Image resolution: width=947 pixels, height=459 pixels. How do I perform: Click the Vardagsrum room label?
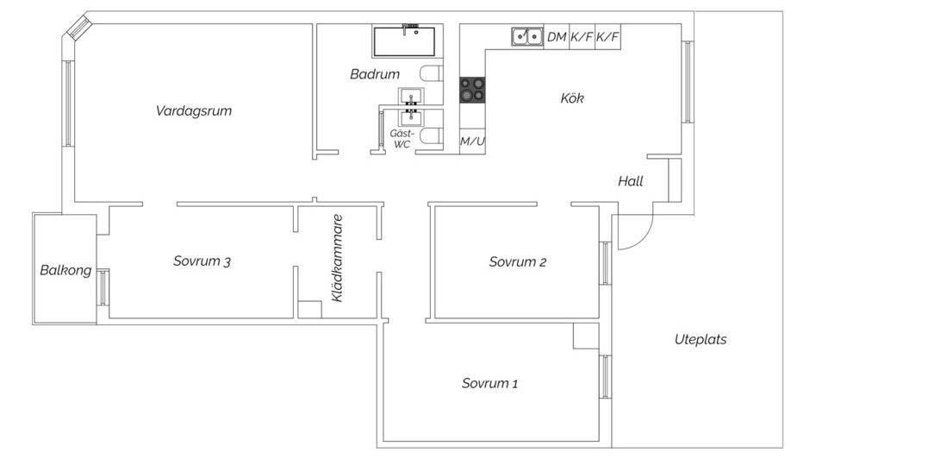(193, 111)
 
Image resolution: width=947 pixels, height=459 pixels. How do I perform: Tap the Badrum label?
(375, 74)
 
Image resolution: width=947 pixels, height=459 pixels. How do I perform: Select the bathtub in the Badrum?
(408, 41)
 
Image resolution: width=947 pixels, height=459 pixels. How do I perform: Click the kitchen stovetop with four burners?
(472, 90)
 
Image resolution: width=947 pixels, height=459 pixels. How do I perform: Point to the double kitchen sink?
(526, 37)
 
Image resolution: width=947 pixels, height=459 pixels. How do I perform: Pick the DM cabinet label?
(557, 37)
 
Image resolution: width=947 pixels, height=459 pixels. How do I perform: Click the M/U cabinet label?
(472, 141)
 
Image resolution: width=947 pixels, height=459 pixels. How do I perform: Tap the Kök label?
(572, 98)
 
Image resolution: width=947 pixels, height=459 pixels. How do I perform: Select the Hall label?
(631, 181)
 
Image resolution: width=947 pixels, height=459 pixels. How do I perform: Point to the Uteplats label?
(701, 339)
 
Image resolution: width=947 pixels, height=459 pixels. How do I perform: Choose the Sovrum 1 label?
(489, 383)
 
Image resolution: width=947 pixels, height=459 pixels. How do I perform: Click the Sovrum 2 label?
(518, 261)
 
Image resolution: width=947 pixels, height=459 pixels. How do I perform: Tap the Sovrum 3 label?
(202, 261)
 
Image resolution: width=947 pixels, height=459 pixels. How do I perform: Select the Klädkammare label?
(337, 258)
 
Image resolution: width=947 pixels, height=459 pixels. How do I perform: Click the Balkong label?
(65, 270)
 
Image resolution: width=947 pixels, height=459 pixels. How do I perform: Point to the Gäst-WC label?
(402, 139)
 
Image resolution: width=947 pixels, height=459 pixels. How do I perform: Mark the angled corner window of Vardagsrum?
(78, 28)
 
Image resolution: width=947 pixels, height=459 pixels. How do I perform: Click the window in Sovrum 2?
(605, 263)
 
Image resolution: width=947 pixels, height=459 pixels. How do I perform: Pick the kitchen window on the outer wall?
(688, 82)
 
